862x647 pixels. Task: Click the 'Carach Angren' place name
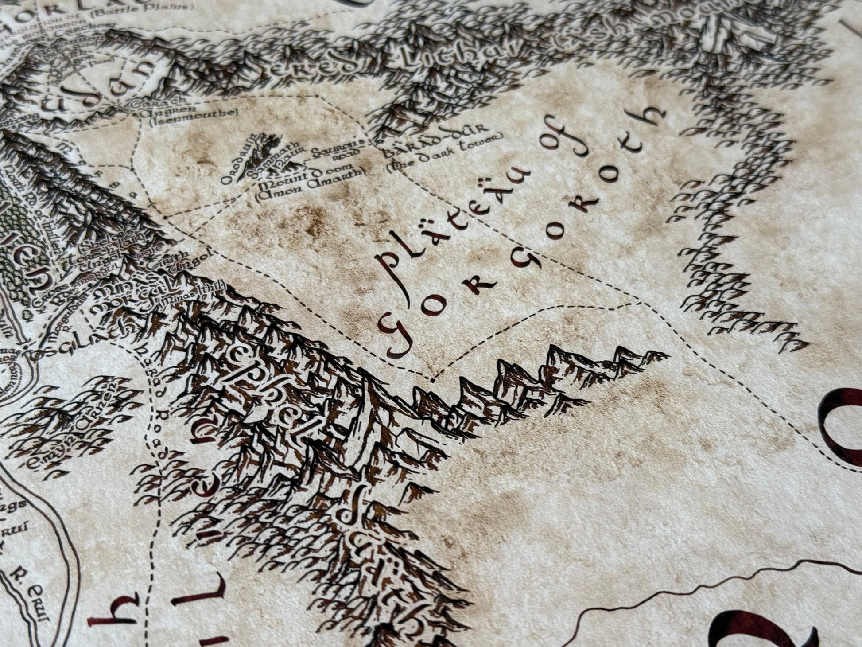coord(159,109)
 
